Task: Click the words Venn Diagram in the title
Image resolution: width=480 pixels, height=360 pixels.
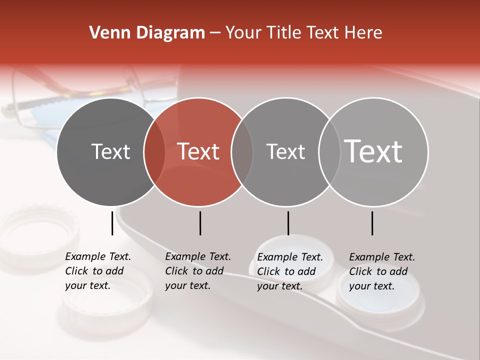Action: (x=146, y=33)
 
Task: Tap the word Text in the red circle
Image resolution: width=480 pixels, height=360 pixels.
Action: (x=198, y=151)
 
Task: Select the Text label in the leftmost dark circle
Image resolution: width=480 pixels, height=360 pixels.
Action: (x=111, y=151)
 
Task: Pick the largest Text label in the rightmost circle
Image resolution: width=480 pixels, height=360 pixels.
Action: (x=373, y=151)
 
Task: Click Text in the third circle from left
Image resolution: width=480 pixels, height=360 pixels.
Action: (x=285, y=151)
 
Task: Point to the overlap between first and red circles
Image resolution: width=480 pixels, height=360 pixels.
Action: (x=154, y=151)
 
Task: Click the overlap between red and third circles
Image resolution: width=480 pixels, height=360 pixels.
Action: (x=242, y=151)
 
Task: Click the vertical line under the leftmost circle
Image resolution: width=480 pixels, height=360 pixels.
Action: (x=112, y=222)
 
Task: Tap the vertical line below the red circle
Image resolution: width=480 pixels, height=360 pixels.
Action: (x=200, y=222)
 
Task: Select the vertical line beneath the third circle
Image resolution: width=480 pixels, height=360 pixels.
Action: (x=288, y=222)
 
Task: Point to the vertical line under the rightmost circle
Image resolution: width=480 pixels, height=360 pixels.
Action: (x=372, y=222)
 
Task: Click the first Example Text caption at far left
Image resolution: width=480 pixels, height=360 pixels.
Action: (x=97, y=271)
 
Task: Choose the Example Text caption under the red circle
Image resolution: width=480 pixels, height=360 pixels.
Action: (x=197, y=271)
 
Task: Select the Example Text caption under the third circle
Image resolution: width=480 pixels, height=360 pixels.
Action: (x=289, y=271)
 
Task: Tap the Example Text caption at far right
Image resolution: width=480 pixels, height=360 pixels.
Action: (x=381, y=271)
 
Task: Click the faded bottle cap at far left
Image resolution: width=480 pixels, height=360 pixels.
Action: (x=37, y=235)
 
